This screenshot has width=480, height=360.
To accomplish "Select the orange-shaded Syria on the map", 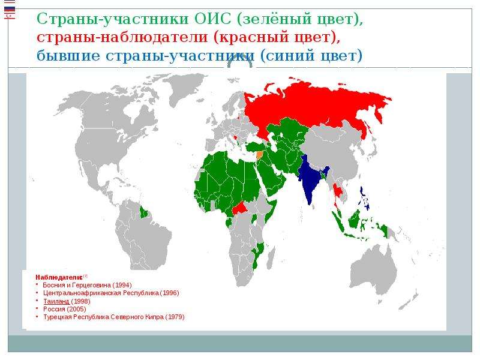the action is tap(259, 154).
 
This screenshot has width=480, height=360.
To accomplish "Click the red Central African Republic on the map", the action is tap(241, 208).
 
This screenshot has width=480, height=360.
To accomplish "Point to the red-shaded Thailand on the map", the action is tap(338, 193).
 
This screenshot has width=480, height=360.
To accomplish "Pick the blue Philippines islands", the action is tap(365, 199).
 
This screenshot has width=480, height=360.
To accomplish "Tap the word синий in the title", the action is tap(284, 56).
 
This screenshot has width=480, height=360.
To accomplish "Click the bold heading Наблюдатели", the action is tap(59, 277).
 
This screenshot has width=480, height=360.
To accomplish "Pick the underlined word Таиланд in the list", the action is tap(56, 301).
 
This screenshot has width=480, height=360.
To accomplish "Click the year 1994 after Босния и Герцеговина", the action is tap(122, 285).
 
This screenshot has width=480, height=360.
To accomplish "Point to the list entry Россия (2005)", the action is tap(65, 309).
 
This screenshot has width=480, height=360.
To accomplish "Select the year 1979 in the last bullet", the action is tap(175, 317).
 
